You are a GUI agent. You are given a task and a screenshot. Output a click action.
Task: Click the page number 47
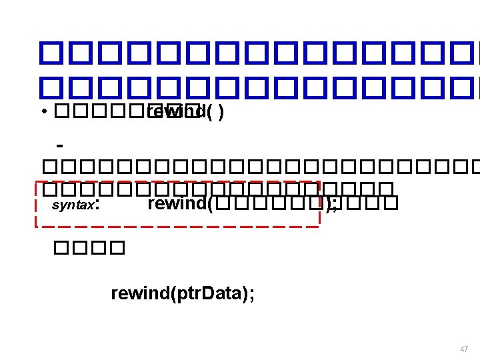tap(464, 349)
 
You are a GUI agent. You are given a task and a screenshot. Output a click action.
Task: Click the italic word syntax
tap(73, 205)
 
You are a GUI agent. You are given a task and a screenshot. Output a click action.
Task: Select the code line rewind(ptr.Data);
tap(182, 293)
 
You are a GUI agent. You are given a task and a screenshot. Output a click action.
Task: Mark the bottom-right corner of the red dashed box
tap(320, 226)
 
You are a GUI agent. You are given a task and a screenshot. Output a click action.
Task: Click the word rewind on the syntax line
tap(177, 203)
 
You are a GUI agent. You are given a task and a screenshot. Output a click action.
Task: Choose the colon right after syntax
tap(98, 205)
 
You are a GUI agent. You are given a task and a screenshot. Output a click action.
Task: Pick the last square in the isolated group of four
tap(116, 249)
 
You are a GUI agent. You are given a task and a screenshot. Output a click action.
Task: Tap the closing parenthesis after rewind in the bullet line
tap(221, 113)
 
